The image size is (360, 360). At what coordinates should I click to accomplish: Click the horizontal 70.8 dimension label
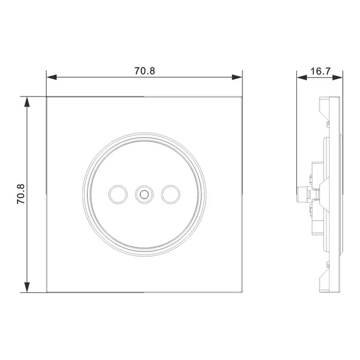(145, 71)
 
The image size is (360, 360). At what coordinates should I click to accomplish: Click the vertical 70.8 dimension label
(21, 194)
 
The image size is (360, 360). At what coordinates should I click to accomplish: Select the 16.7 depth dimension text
(320, 71)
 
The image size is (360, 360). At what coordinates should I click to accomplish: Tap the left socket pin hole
(117, 195)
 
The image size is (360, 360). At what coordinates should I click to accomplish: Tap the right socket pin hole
(171, 195)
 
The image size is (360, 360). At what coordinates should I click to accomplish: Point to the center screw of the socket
(144, 195)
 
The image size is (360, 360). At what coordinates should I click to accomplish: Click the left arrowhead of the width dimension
(52, 77)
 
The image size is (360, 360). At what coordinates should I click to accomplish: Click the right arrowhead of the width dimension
(237, 77)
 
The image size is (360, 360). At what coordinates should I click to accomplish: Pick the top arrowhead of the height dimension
(27, 102)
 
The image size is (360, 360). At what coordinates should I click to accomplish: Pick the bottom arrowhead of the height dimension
(27, 287)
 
